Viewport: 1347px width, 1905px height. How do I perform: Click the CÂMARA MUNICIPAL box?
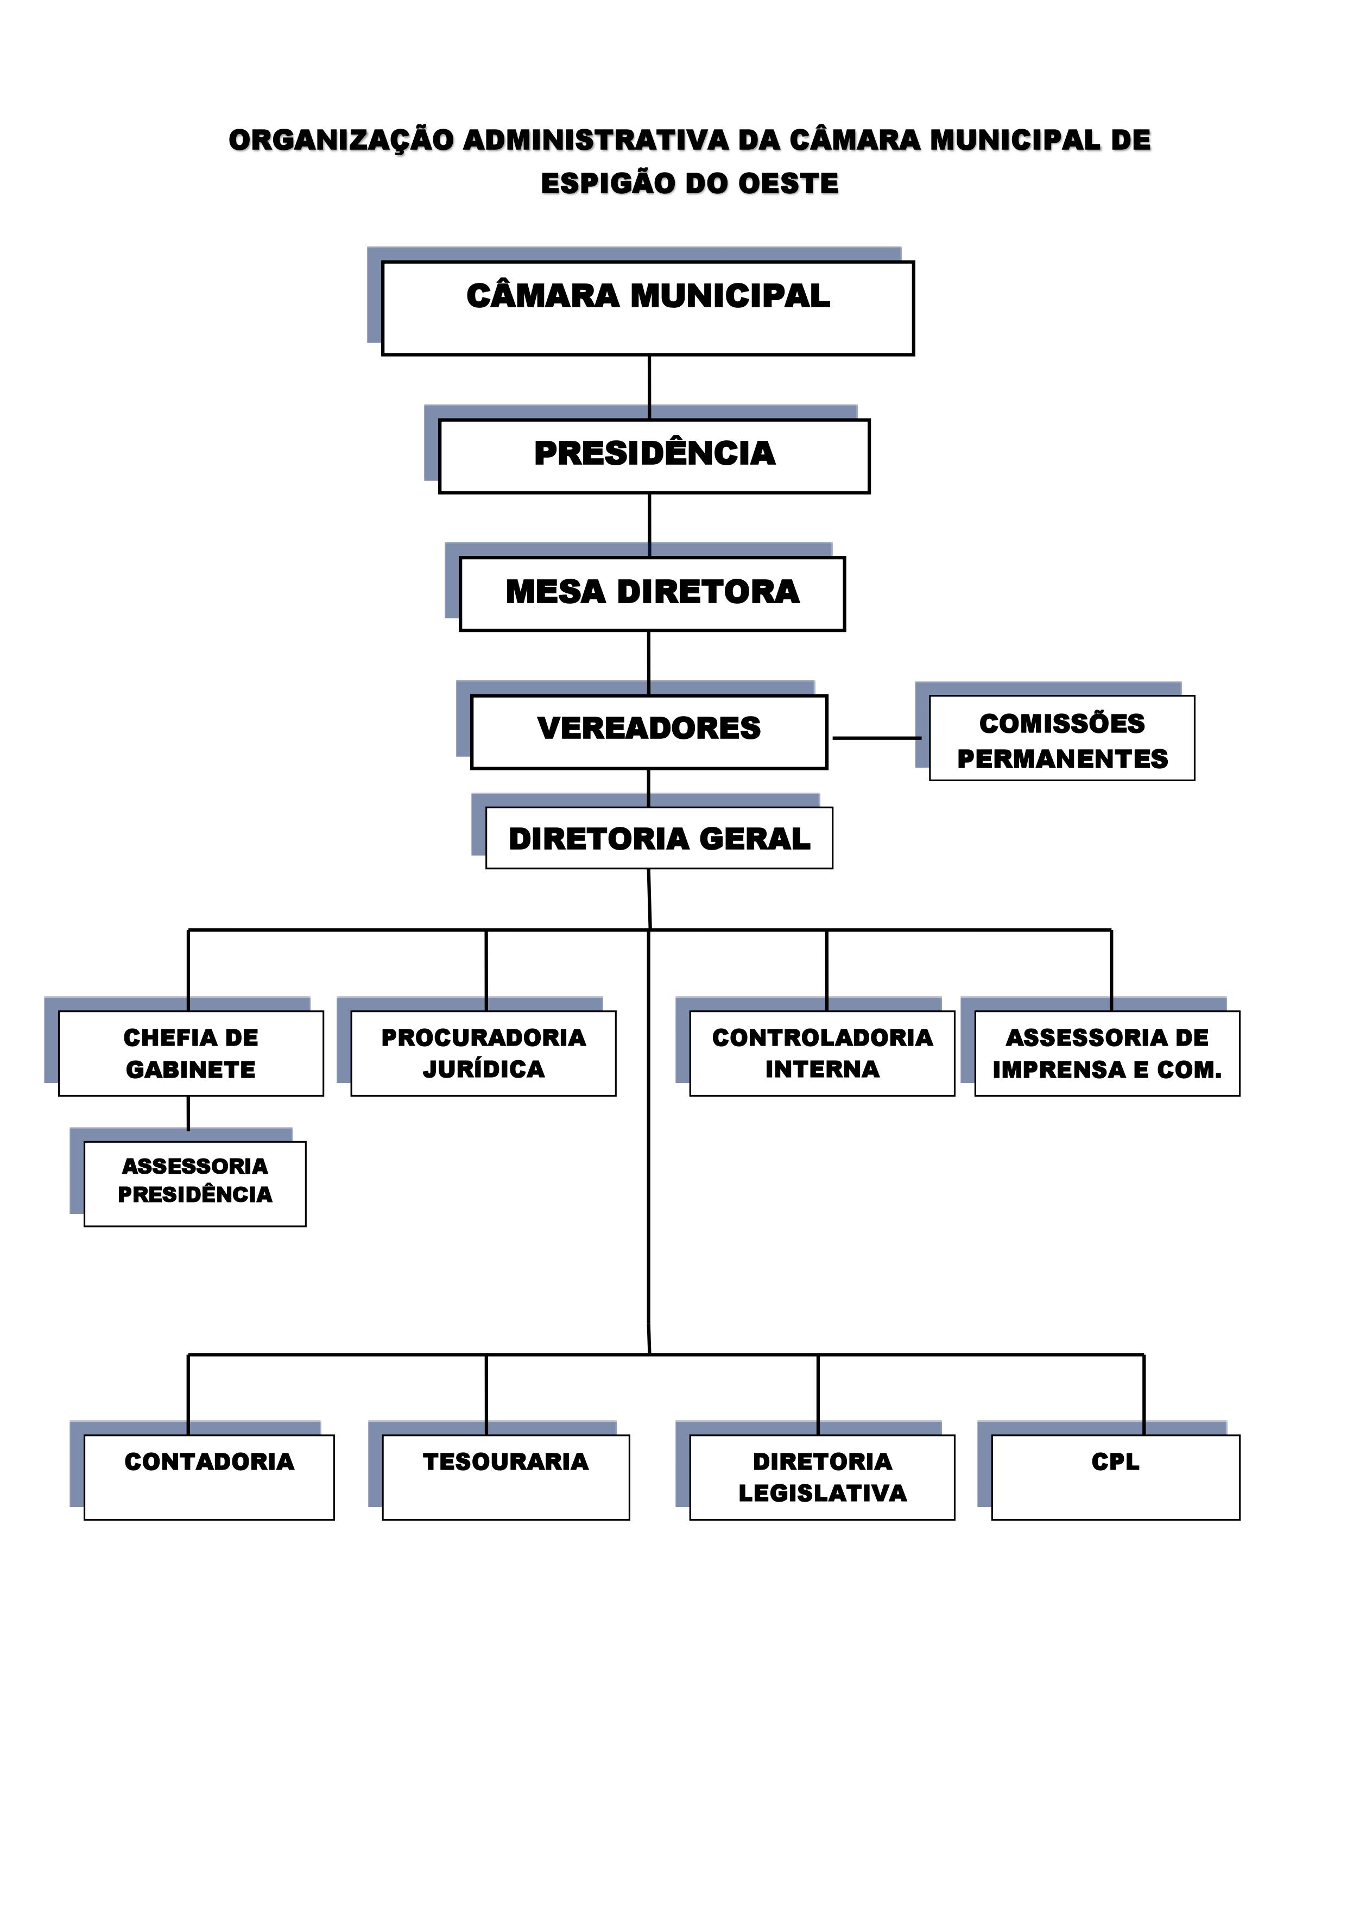pos(647,309)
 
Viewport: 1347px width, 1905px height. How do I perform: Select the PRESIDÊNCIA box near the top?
pos(654,457)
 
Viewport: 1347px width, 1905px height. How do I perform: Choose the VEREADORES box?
pos(648,732)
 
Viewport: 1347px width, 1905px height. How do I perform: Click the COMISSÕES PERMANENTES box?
pos(1061,738)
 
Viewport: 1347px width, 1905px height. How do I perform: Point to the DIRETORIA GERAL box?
pos(659,838)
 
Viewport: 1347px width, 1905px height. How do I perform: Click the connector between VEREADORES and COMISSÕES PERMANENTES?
pos(876,738)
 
